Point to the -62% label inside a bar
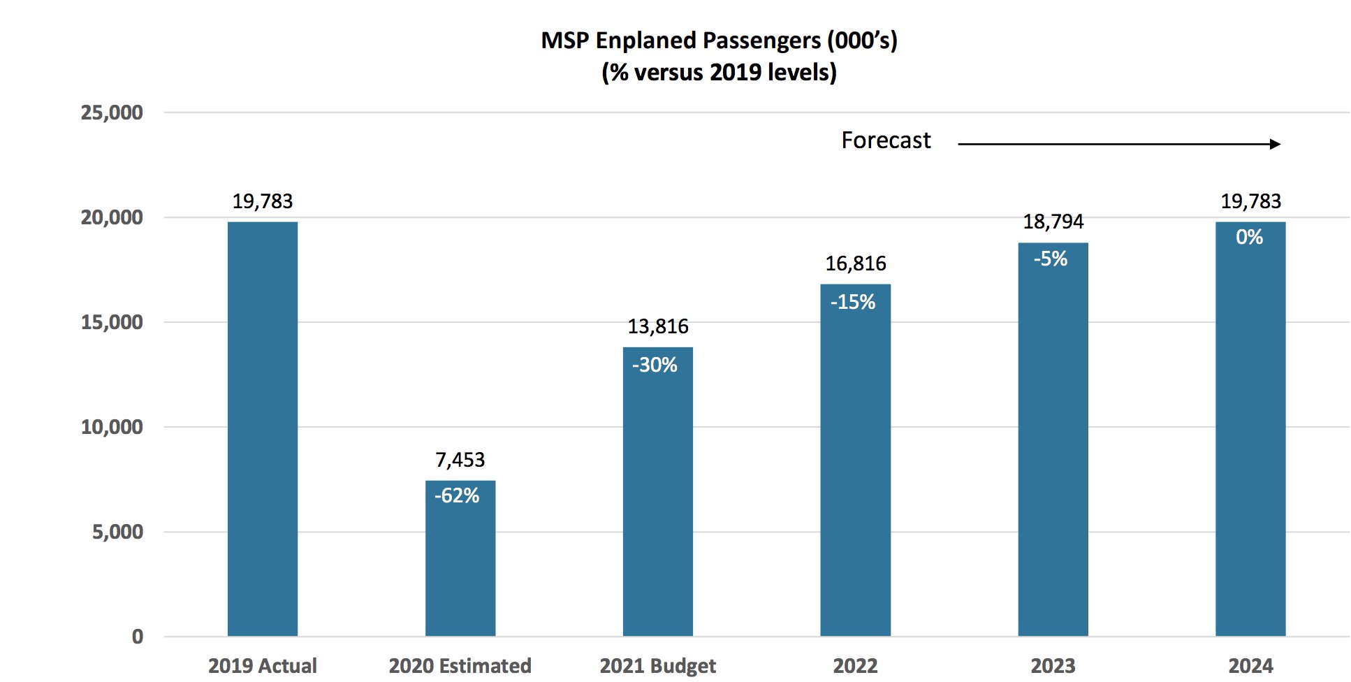pos(457,496)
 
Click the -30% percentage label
pos(655,365)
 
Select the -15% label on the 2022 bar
pos(853,303)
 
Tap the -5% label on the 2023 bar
pos(1051,259)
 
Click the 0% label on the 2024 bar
pos(1249,238)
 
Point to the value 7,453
pos(460,460)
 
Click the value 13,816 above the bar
pos(658,326)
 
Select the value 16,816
pos(856,263)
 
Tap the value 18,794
pos(1053,222)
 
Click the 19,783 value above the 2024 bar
pos(1250,201)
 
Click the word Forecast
pos(886,140)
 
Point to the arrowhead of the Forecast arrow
pos(1276,144)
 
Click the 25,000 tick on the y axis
pos(112,113)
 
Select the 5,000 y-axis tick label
pos(117,532)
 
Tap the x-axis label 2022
pos(856,666)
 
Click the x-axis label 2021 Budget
pos(658,666)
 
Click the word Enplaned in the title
pos(647,41)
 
